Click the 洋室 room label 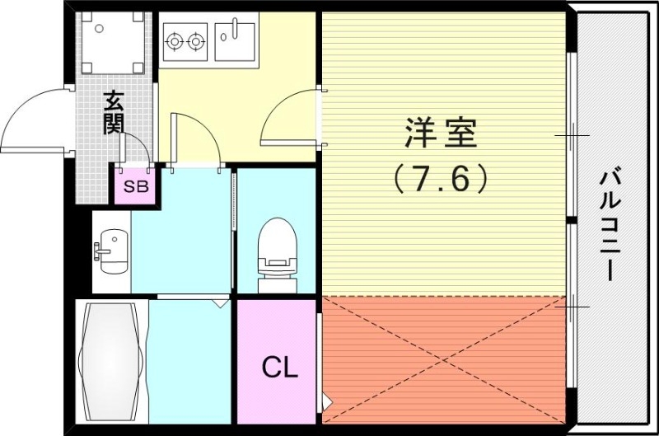[x=442, y=132]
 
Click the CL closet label [x=279, y=368]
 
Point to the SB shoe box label [x=136, y=186]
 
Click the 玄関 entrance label [x=115, y=114]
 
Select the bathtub [x=111, y=363]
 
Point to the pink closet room [x=278, y=387]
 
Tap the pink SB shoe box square [x=136, y=186]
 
